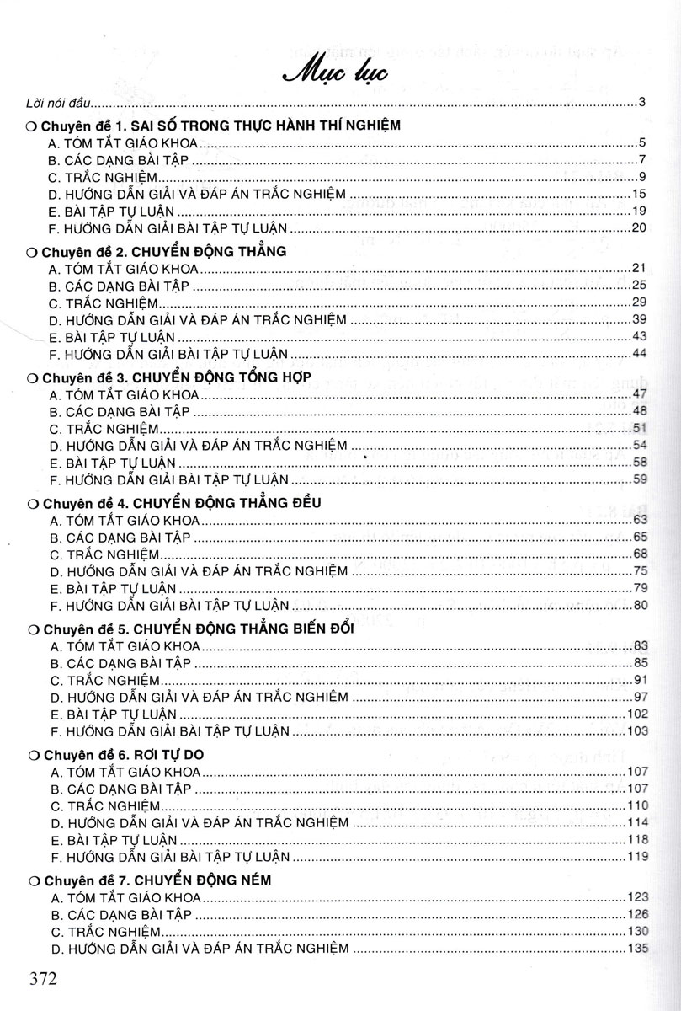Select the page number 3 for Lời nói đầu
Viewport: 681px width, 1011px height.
click(x=641, y=104)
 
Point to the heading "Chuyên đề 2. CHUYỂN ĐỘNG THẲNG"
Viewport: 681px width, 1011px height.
click(x=163, y=251)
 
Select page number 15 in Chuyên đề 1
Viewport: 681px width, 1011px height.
click(x=638, y=194)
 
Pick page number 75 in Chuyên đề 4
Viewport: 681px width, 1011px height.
click(x=638, y=571)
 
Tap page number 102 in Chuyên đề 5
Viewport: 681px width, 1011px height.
click(x=635, y=714)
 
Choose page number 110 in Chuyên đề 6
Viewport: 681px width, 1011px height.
click(x=635, y=806)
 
